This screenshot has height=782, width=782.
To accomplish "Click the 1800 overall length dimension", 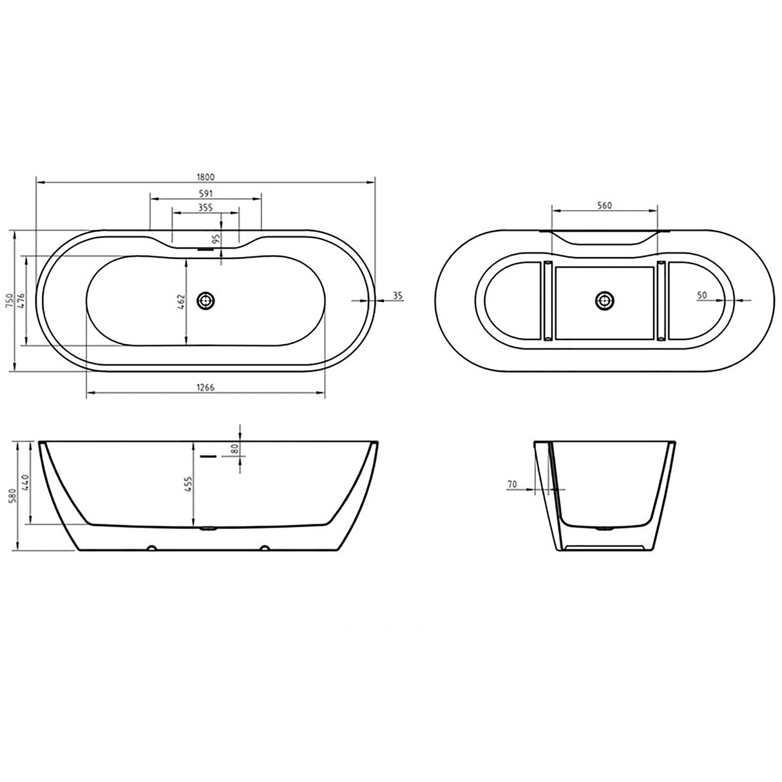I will click(x=205, y=176).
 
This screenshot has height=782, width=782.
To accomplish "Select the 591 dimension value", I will click(x=205, y=193).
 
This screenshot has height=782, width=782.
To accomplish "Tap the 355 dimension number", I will click(x=205, y=207).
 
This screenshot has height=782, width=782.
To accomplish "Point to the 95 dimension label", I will click(x=216, y=238).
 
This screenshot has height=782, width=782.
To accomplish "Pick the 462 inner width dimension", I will click(x=181, y=301).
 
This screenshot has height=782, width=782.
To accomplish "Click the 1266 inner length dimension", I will click(x=205, y=387).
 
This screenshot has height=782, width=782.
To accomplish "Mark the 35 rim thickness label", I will click(x=397, y=296).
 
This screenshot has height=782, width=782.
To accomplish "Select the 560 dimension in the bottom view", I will click(x=604, y=205).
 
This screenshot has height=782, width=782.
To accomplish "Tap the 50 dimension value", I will click(x=701, y=295).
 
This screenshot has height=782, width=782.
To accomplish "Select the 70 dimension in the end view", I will click(x=512, y=483).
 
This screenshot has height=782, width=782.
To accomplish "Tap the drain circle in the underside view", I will click(x=604, y=300).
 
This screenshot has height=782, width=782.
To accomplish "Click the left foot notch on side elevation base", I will click(x=151, y=549).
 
